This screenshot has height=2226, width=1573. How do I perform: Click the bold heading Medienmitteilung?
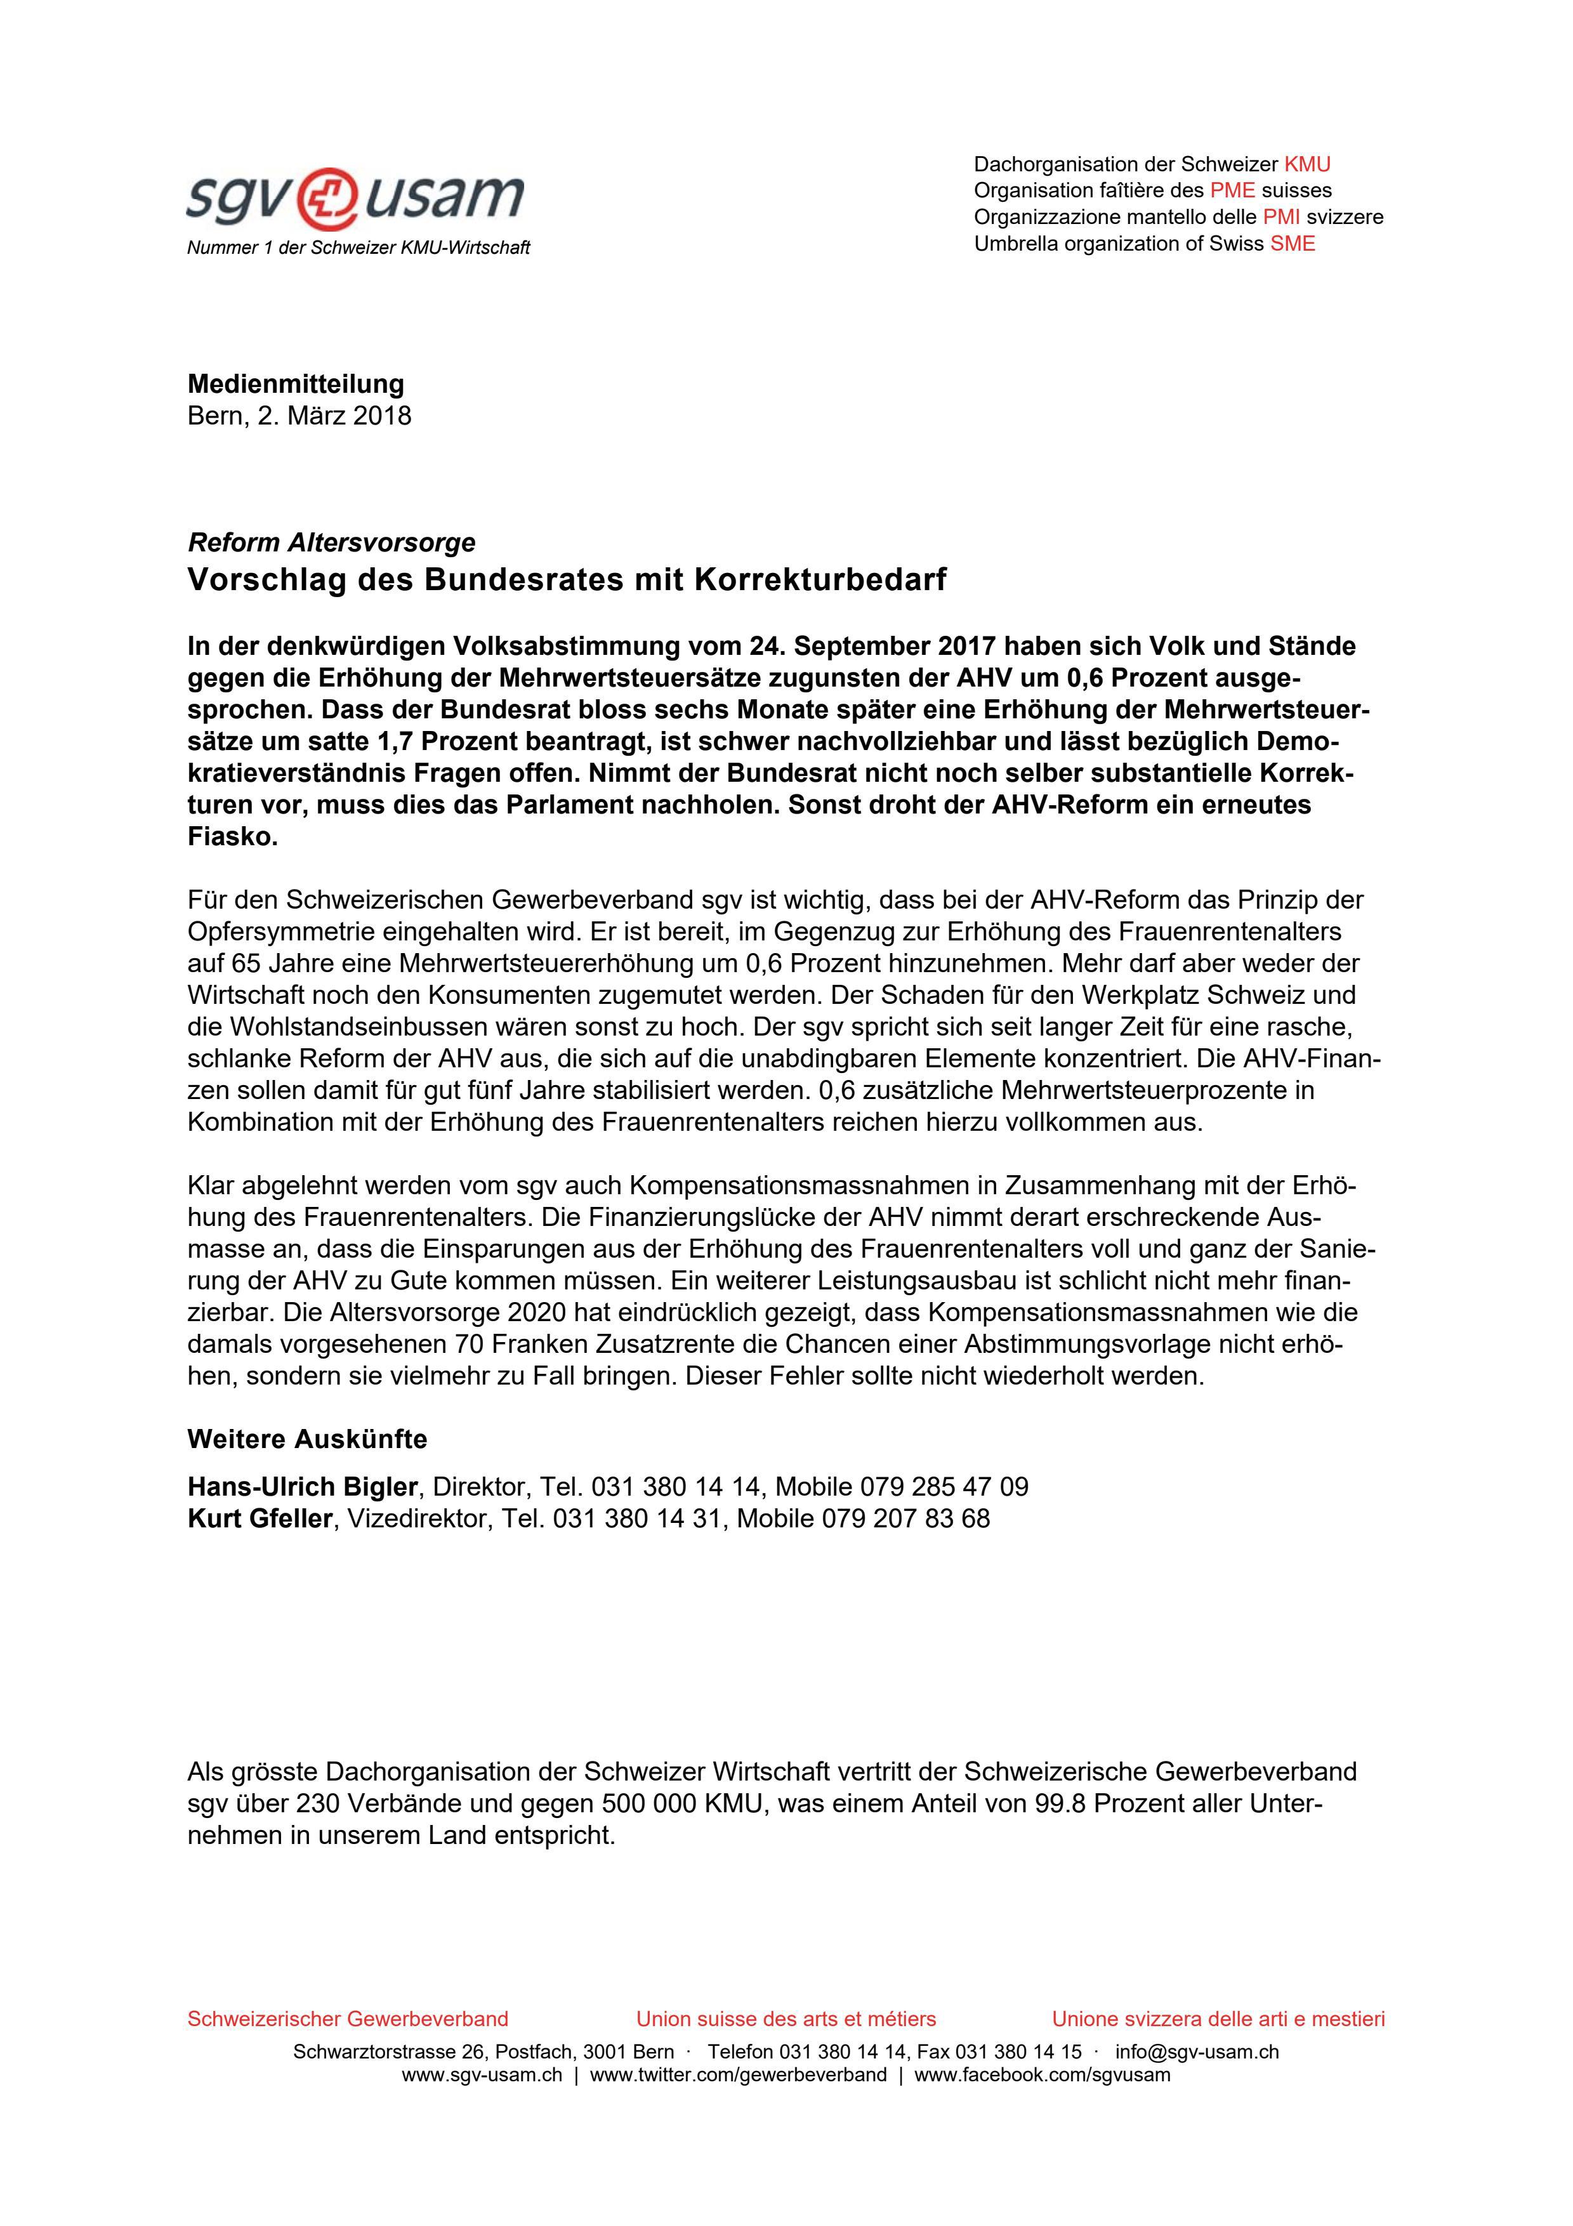[296, 383]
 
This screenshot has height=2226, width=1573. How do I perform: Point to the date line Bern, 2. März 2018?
[299, 415]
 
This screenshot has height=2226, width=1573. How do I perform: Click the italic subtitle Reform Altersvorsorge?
[331, 542]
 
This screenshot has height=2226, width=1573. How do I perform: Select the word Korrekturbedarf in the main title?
[819, 580]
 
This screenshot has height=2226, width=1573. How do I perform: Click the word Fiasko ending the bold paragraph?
[233, 837]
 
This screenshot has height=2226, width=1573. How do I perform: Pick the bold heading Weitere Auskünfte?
[307, 1439]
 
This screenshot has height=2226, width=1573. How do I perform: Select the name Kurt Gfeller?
[260, 1518]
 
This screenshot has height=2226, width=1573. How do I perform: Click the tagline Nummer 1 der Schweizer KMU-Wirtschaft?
[359, 248]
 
